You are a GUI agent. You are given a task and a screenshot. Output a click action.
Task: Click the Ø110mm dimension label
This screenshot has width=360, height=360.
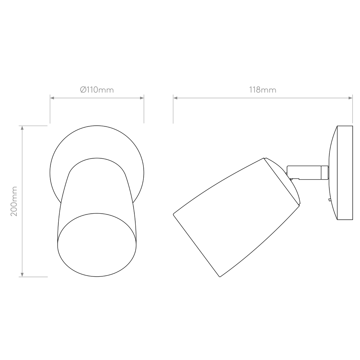[x=97, y=90]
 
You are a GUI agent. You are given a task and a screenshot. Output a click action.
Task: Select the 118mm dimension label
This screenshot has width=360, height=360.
[x=262, y=90]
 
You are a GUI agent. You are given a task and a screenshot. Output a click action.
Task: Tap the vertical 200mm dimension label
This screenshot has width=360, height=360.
[x=14, y=201]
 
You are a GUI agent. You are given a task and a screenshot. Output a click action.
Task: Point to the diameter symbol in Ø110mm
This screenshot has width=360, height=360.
[x=83, y=90]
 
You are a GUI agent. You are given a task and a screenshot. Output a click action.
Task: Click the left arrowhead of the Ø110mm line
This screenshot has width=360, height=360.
[x=53, y=98]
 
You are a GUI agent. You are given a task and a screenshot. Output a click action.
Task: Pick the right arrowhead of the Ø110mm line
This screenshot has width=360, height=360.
[x=141, y=98]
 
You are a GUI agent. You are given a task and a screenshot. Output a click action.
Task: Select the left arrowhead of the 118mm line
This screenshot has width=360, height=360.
[x=176, y=98]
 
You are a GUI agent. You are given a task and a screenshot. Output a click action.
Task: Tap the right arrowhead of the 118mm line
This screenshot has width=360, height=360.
[x=350, y=98]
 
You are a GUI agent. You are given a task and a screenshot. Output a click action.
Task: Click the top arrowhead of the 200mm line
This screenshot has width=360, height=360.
[x=22, y=129]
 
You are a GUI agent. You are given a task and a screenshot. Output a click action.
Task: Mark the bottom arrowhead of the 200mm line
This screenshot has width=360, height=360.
[x=22, y=274]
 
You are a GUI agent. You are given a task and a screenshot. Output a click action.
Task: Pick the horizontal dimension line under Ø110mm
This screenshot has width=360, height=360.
[x=97, y=98]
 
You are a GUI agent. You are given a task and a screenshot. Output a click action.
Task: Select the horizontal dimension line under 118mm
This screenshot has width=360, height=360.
[x=262, y=98]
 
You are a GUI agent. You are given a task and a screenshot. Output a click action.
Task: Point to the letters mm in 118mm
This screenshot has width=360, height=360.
[x=269, y=90]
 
